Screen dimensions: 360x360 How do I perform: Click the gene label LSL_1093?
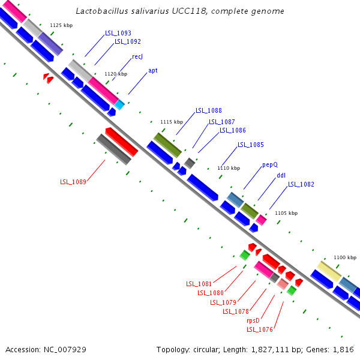pyautogui.click(x=118, y=33)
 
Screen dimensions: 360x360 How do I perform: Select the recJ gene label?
pyautogui.click(x=137, y=56)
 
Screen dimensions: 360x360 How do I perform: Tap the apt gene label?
pyautogui.click(x=153, y=70)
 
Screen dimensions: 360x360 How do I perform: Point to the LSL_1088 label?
pyautogui.click(x=208, y=110)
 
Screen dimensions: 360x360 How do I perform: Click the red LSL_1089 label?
pyautogui.click(x=73, y=182)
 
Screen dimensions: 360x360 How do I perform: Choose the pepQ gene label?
pyautogui.click(x=270, y=164)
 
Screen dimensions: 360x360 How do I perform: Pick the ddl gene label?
pyautogui.click(x=281, y=176)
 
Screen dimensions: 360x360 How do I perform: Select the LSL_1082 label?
pyautogui.click(x=301, y=185)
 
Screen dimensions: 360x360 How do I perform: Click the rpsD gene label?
pyautogui.click(x=253, y=320)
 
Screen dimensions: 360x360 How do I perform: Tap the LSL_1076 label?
pyautogui.click(x=259, y=329)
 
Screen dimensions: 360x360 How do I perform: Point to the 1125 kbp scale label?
pyautogui.click(x=61, y=25)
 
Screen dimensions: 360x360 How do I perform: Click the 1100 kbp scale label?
pyautogui.click(x=345, y=257)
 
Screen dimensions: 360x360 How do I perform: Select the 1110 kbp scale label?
pyautogui.click(x=229, y=168)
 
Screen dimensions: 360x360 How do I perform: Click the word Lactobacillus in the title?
pyautogui.click(x=103, y=11)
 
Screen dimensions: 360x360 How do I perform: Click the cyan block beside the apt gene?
pyautogui.click(x=120, y=105)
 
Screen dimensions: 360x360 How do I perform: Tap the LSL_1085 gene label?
pyautogui.click(x=250, y=145)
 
